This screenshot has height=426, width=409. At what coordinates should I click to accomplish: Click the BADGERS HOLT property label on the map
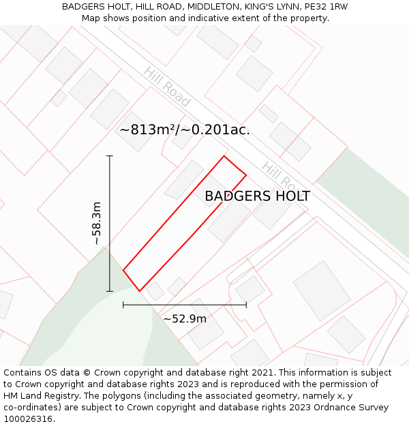coord(257,196)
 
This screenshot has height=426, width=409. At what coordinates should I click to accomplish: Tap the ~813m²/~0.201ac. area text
coord(185,130)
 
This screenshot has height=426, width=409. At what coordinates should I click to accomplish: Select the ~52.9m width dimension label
coord(184,318)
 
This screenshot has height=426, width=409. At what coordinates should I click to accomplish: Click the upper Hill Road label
coord(166,87)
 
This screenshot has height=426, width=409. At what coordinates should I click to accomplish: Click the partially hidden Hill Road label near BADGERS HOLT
coord(277,176)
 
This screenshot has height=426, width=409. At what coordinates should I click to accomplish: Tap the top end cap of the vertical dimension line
coord(110,156)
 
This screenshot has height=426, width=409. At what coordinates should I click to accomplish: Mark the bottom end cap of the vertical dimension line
coord(110,291)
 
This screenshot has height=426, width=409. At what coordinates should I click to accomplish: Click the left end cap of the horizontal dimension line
coord(123,305)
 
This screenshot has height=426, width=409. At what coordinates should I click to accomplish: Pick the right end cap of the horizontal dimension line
coord(246,305)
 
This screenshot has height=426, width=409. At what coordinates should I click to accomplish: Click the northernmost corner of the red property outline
coord(224,156)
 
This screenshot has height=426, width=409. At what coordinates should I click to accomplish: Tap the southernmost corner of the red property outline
coord(140,291)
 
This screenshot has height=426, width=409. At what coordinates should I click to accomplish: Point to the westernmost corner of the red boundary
coord(123,271)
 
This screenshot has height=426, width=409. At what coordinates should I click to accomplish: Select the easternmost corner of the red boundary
coord(246,175)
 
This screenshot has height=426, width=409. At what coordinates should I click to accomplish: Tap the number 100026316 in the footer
coord(28,419)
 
